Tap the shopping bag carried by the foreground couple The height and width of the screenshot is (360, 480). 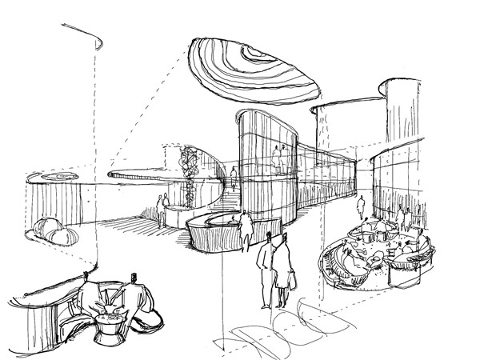[x=290, y=279]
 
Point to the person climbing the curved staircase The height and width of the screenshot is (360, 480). [x=234, y=178]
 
